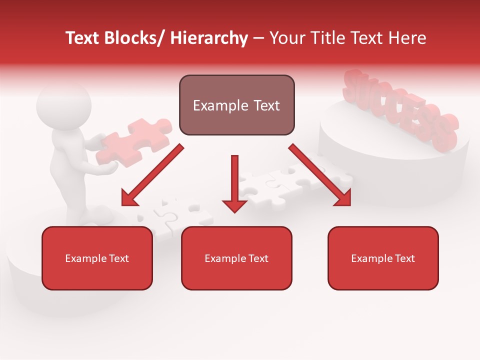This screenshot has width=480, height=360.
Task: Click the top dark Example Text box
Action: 236,105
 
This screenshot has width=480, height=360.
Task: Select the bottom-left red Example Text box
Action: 97,258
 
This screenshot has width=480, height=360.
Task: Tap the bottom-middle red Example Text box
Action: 236,258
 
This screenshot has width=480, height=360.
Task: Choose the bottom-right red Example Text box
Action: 383,258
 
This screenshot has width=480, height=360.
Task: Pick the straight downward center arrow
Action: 234,182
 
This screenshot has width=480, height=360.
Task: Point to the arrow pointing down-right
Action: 320,175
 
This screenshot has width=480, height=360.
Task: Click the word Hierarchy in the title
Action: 209,38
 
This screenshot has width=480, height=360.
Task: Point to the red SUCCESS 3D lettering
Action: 400,110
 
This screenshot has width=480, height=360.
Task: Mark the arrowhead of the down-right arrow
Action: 342,198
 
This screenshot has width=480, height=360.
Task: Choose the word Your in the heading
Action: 285,38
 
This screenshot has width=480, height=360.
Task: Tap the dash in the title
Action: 258,38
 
